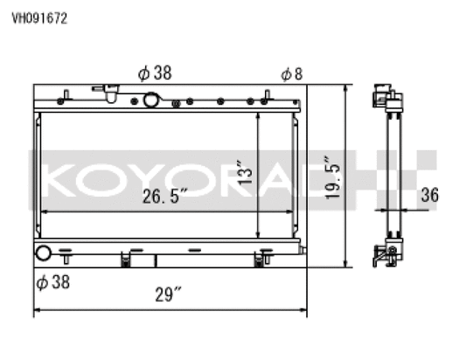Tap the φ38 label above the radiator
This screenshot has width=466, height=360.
pyautogui.click(x=154, y=74)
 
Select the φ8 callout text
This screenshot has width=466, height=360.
pyautogui.click(x=291, y=74)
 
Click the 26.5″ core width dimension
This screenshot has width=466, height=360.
pyautogui.click(x=166, y=197)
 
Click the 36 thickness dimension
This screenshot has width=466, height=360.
pyautogui.click(x=428, y=196)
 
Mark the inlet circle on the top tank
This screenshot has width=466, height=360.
pyautogui.click(x=150, y=100)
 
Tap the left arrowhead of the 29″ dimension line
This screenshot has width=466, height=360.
pyautogui.click(x=38, y=311)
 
